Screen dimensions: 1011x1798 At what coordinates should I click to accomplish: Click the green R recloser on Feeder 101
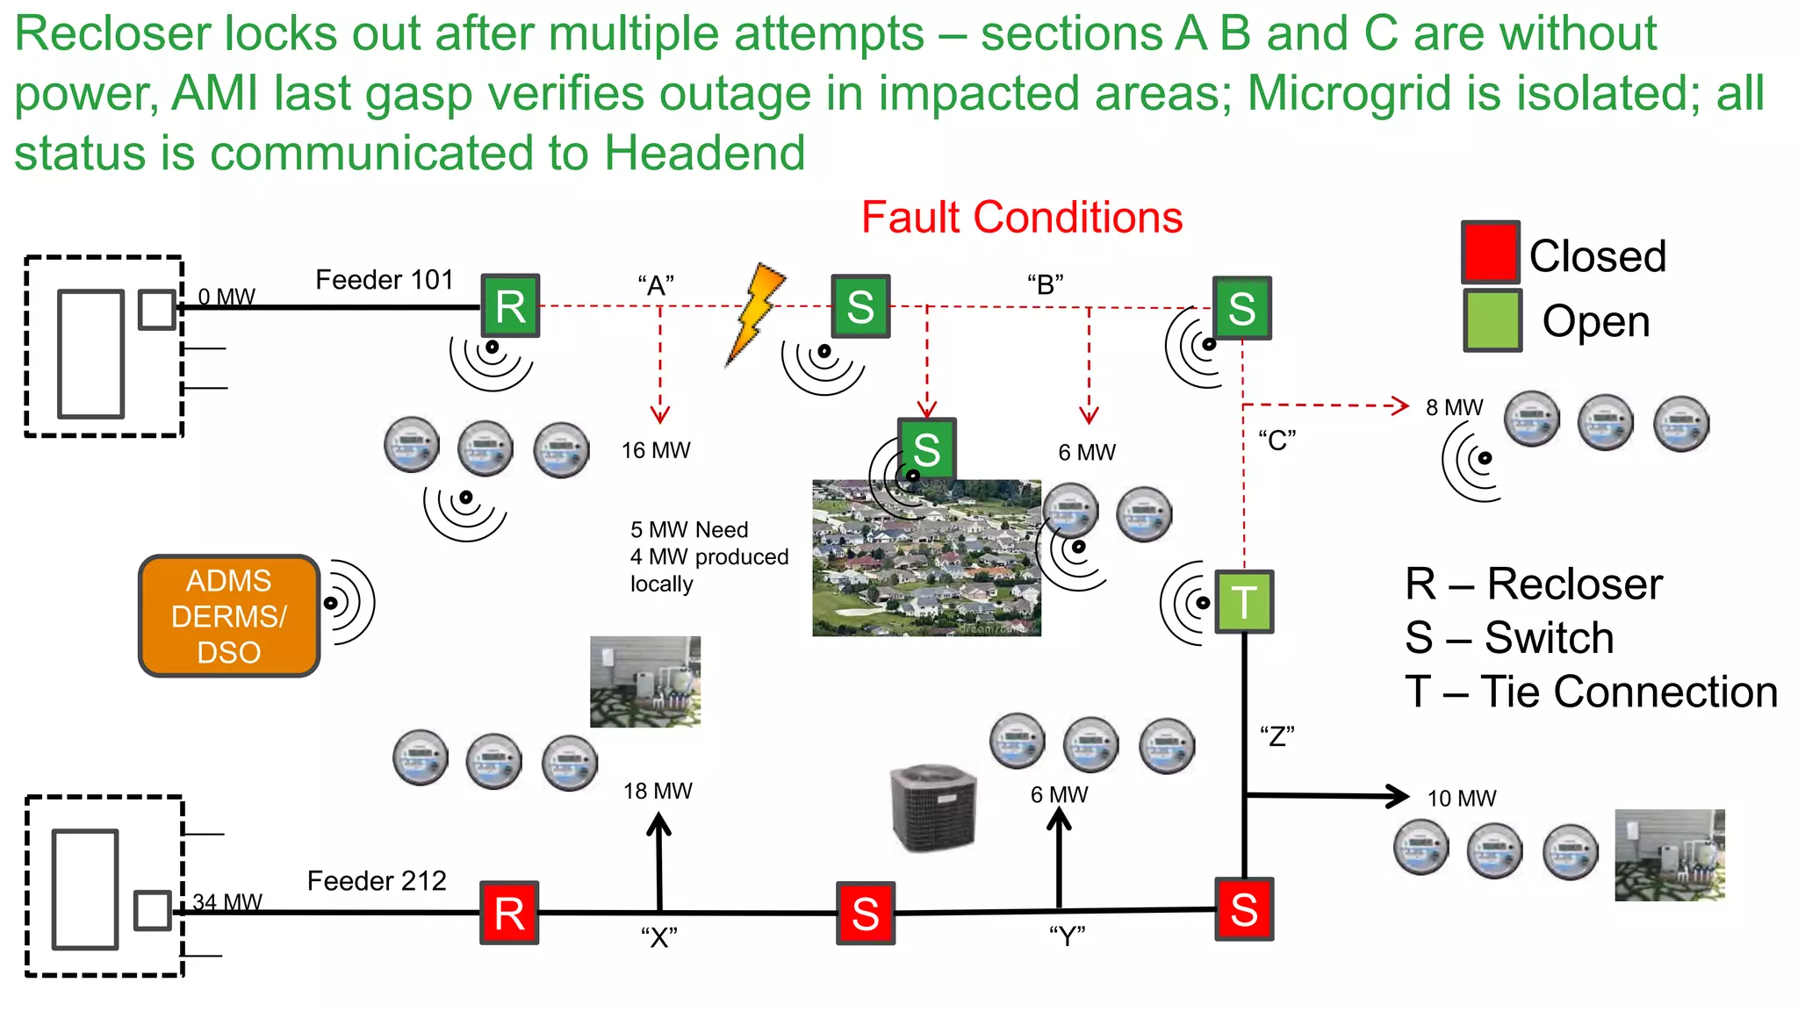click(x=510, y=305)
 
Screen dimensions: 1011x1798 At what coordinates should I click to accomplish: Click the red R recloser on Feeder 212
click(x=509, y=913)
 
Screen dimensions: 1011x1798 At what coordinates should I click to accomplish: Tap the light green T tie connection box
click(x=1244, y=602)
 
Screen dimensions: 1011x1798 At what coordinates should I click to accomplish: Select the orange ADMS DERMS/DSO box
click(x=229, y=616)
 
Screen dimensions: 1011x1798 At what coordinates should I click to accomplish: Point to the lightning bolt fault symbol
click(x=755, y=312)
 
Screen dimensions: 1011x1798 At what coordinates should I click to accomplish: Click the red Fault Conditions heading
click(x=1021, y=217)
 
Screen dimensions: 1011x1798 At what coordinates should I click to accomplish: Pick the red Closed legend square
click(x=1490, y=252)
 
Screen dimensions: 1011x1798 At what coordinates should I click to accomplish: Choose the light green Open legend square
click(x=1492, y=321)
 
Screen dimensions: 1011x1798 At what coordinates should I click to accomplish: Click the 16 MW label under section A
click(x=656, y=450)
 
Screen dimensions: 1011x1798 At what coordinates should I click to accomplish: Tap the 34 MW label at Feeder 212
click(x=227, y=902)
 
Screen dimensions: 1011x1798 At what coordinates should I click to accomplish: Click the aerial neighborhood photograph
click(x=926, y=558)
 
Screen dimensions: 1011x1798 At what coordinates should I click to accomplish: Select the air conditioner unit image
click(x=933, y=807)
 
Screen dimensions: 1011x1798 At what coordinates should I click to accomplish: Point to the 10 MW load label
click(x=1461, y=799)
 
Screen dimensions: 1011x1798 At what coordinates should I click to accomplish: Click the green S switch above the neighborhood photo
click(x=926, y=449)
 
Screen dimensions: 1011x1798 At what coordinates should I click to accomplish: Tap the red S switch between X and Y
click(x=866, y=913)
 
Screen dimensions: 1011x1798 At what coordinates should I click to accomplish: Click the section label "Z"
click(x=1277, y=735)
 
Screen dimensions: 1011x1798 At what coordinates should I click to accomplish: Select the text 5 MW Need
click(x=689, y=530)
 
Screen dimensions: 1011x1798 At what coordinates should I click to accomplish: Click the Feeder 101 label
click(x=384, y=280)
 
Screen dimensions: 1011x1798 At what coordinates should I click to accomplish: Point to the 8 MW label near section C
click(x=1454, y=407)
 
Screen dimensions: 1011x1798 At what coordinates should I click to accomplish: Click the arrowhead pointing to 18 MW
click(x=658, y=824)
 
